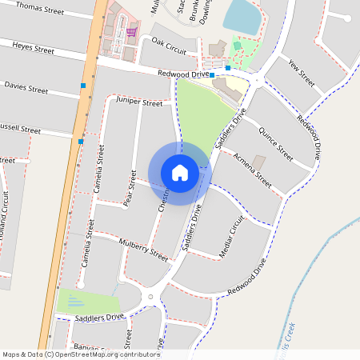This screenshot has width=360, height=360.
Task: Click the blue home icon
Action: [x=180, y=173]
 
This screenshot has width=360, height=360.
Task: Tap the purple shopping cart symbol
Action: [x=130, y=32]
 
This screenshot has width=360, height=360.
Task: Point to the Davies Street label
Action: [x=26, y=86]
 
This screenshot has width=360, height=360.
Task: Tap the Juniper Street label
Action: [x=139, y=103]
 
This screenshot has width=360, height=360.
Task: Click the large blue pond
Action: [x=243, y=17]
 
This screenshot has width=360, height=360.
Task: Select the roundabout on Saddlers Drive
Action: [x=150, y=298]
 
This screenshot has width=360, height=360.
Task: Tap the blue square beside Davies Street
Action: [x=83, y=85]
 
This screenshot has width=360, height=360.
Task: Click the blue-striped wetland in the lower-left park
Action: [x=74, y=302]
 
